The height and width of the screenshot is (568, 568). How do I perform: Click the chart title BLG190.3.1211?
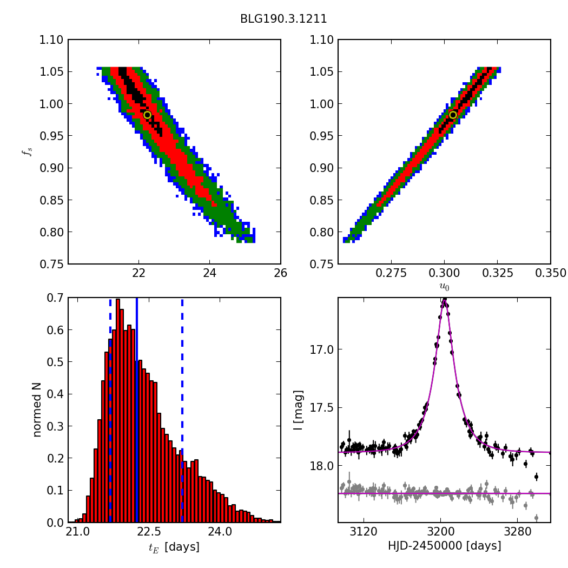283,19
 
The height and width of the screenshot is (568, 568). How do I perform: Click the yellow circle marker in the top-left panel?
147,115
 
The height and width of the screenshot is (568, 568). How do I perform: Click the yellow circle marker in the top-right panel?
453,115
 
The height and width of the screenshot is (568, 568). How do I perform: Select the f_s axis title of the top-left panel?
27,152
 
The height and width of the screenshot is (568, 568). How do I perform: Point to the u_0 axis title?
444,287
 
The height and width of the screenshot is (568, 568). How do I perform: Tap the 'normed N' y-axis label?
37,410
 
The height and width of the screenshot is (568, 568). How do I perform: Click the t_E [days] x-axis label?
174,547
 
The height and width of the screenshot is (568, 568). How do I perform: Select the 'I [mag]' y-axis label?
298,410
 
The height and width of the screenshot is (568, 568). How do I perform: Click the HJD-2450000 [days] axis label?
444,546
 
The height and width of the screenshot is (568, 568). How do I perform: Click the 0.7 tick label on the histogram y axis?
54,298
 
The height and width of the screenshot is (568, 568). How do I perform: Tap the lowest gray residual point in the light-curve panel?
536,518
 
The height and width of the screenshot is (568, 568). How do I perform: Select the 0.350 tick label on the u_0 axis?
551,272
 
